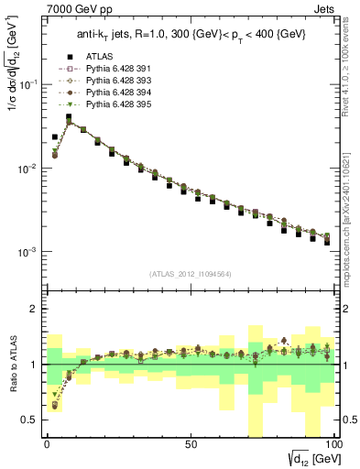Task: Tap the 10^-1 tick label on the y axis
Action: click(x=27, y=84)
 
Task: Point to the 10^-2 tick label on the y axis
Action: click(x=27, y=169)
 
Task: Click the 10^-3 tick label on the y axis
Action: click(x=27, y=252)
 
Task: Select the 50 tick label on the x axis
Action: click(x=191, y=442)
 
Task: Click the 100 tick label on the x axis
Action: click(x=333, y=442)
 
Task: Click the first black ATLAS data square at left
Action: click(x=55, y=136)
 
